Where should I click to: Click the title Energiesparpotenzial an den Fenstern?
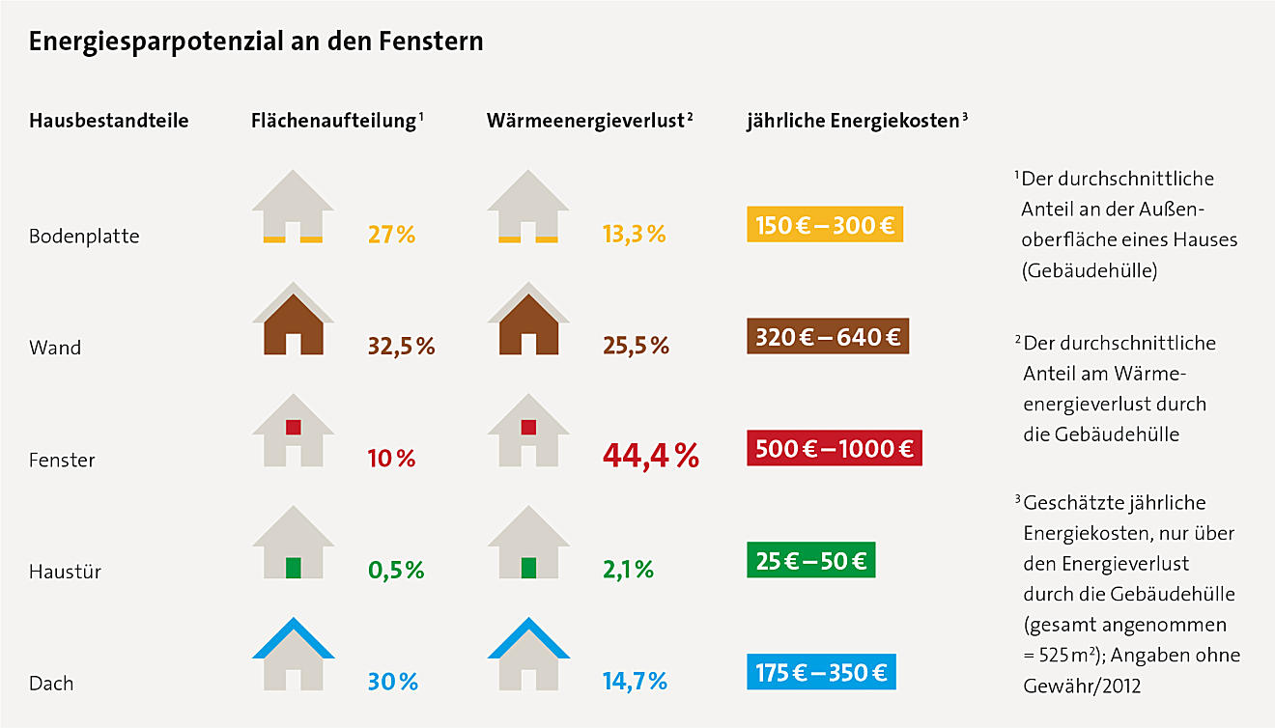pyautogui.click(x=256, y=43)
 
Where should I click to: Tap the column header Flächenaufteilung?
pyautogui.click(x=334, y=122)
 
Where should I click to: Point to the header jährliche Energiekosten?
pyautogui.click(x=854, y=122)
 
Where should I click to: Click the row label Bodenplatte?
pyautogui.click(x=84, y=237)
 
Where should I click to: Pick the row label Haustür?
pyautogui.click(x=65, y=572)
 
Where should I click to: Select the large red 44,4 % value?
pyautogui.click(x=650, y=456)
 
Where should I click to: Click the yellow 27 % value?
pyautogui.click(x=391, y=235)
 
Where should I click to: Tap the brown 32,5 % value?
pyautogui.click(x=402, y=347)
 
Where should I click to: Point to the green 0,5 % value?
pyautogui.click(x=396, y=571)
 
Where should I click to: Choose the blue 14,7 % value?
pyautogui.click(x=635, y=682)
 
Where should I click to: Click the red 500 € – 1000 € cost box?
pyautogui.click(x=835, y=449)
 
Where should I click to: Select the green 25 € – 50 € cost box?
pyautogui.click(x=810, y=560)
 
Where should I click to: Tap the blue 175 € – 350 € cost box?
pyautogui.click(x=822, y=672)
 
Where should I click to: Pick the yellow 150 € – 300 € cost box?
pyautogui.click(x=824, y=226)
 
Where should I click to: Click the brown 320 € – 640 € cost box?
pyautogui.click(x=827, y=337)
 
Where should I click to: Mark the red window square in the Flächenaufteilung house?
pyautogui.click(x=293, y=427)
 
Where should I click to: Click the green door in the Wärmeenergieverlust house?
pyautogui.click(x=528, y=568)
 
